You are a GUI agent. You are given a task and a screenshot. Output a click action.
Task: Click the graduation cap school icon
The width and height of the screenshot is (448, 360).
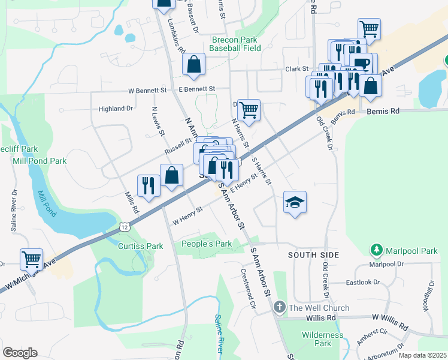tap(294, 203)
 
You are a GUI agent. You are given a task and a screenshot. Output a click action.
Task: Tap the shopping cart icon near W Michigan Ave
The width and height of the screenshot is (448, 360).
tap(31, 259)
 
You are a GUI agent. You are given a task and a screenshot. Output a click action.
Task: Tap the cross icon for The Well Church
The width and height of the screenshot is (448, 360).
tap(279, 308)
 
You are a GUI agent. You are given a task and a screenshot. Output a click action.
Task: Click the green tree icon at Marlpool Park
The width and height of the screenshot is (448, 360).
tap(376, 248)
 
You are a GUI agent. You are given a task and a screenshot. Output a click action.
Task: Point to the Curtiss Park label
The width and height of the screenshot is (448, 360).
tap(140, 246)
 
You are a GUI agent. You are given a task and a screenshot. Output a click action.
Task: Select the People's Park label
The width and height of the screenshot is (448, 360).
tap(207, 244)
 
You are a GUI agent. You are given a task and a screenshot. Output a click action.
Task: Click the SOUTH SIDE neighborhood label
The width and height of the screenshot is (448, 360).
tap(313, 255)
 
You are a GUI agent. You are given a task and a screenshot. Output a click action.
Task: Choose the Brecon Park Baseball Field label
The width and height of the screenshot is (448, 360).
tap(235, 44)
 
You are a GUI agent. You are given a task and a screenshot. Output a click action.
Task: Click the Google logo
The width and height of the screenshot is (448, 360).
tap(20, 352)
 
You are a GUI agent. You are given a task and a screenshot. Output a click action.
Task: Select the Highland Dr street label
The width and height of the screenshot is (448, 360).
tap(116, 109)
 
